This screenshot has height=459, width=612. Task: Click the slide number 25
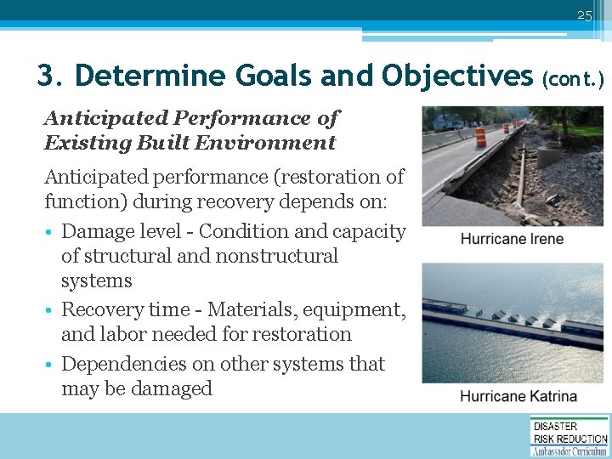[583, 15]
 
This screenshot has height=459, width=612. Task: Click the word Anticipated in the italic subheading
[94, 118]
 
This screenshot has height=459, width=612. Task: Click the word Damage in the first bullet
[96, 231]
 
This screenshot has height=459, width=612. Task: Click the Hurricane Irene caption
[512, 239]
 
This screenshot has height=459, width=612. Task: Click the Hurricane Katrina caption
[518, 396]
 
